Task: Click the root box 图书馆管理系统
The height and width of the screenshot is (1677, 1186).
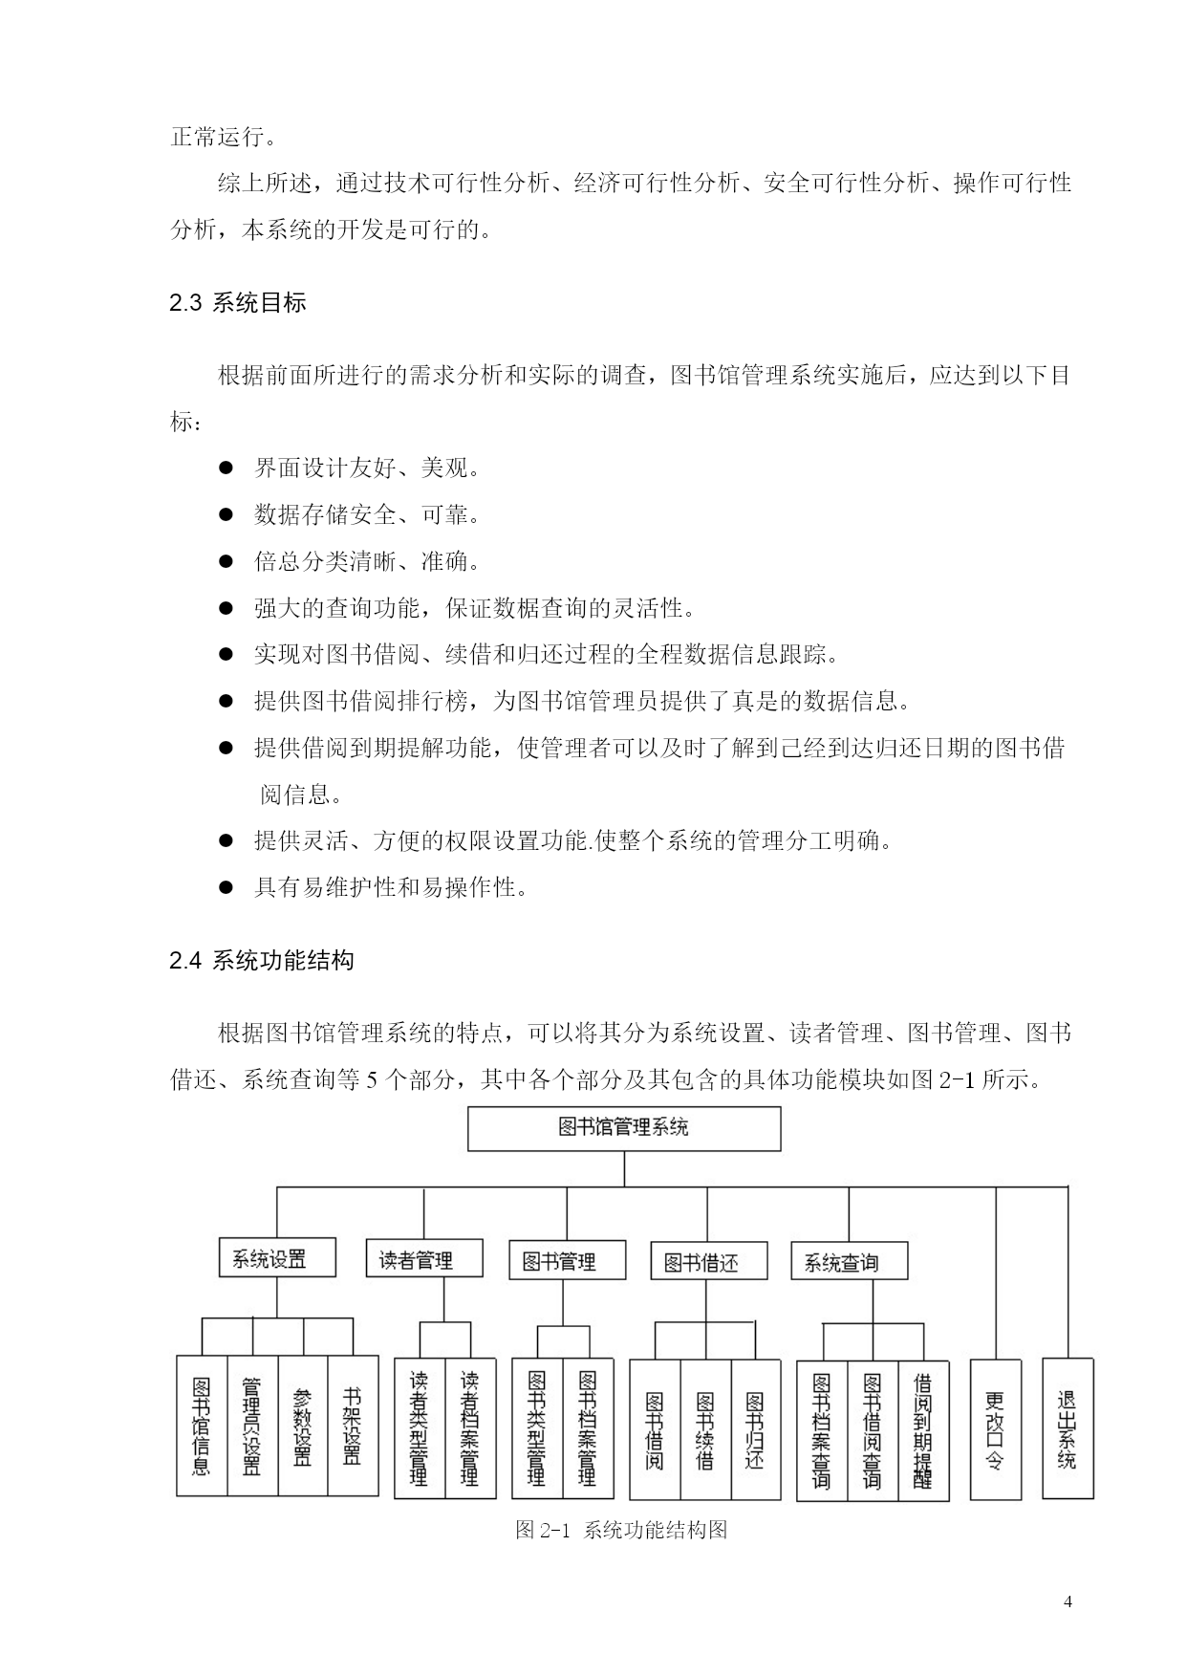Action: point(623,1128)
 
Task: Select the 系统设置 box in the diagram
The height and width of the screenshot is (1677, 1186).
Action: point(277,1257)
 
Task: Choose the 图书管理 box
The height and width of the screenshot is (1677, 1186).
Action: point(567,1260)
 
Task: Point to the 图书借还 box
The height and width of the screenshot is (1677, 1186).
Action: point(708,1261)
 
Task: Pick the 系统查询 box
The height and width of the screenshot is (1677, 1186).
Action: point(849,1261)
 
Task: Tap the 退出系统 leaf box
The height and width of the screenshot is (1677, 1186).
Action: point(1067,1428)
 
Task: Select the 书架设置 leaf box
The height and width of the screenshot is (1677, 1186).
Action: point(353,1426)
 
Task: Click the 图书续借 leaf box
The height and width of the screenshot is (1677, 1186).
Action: point(705,1429)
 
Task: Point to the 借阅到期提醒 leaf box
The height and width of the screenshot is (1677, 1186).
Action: point(923,1431)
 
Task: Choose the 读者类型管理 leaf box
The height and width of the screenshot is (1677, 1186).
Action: point(420,1428)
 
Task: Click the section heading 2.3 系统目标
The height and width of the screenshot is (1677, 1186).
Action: point(238,303)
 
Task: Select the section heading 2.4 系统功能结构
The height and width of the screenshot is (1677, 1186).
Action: point(262,960)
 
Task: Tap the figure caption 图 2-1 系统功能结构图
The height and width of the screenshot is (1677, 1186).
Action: point(621,1530)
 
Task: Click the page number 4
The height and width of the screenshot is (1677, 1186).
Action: point(1067,1602)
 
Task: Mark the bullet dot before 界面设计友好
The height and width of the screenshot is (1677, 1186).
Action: point(226,468)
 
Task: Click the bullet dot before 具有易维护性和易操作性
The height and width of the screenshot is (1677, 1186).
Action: point(226,887)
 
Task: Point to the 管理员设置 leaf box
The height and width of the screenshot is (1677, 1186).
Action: point(252,1426)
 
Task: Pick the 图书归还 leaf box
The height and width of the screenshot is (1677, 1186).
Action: point(756,1429)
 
